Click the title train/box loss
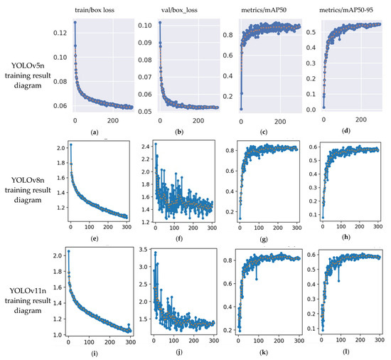[x=95, y=10]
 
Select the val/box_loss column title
[x=179, y=10]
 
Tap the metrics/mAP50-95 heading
[x=346, y=10]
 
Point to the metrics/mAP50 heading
[x=264, y=10]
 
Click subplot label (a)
[x=95, y=132]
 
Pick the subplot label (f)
[x=179, y=239]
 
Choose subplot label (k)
[x=264, y=352]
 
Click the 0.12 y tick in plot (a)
[x=60, y=33]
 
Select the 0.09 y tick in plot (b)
[x=145, y=43]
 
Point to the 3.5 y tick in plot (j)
[x=144, y=249]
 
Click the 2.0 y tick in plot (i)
[x=58, y=255]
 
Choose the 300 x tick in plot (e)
[x=127, y=227]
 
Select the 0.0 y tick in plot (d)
[x=311, y=110]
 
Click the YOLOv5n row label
[x=28, y=65]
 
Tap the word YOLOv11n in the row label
[x=28, y=291]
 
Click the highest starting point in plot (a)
[x=75, y=22]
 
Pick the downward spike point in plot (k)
[x=257, y=279]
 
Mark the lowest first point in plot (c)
[x=241, y=109]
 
